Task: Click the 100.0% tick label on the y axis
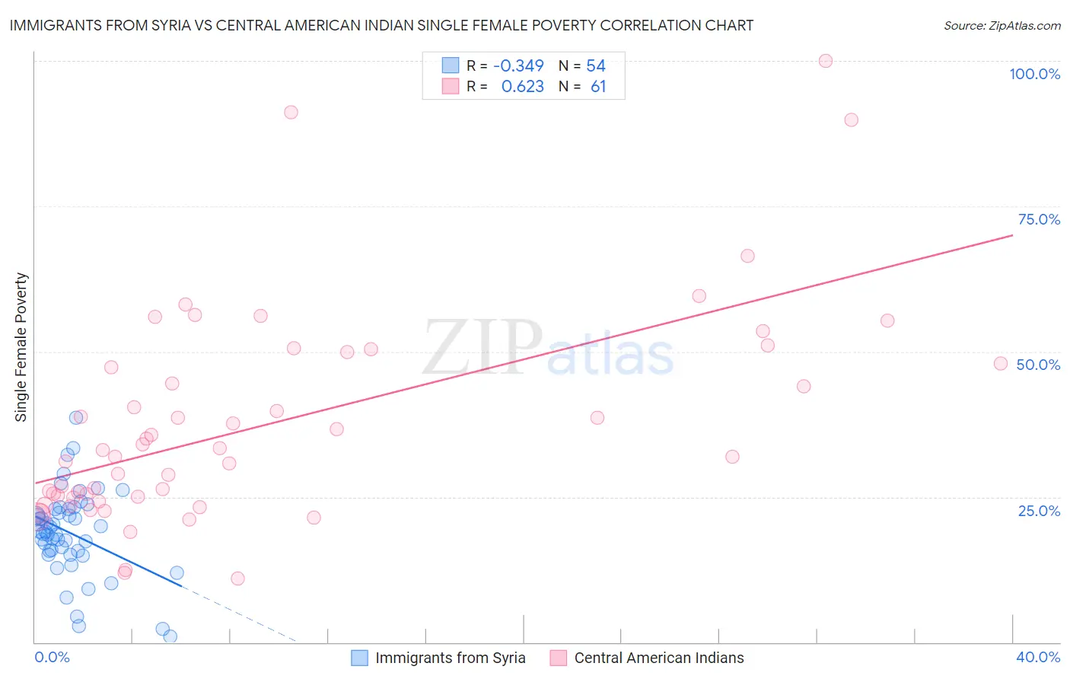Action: pyautogui.click(x=1034, y=74)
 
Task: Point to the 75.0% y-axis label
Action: pyautogui.click(x=1039, y=219)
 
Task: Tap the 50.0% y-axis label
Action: pyautogui.click(x=1038, y=365)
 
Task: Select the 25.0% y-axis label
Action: pyautogui.click(x=1039, y=510)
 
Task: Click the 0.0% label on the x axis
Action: pyautogui.click(x=52, y=657)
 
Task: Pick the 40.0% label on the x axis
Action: pyautogui.click(x=1038, y=657)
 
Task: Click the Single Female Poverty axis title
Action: pyautogui.click(x=21, y=347)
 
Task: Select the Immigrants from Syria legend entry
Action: pyautogui.click(x=450, y=658)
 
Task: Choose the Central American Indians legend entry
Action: pyautogui.click(x=658, y=658)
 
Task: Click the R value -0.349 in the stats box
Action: pyautogui.click(x=518, y=66)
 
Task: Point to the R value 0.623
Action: pyautogui.click(x=522, y=87)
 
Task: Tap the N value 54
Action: pyautogui.click(x=596, y=66)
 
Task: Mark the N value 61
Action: pyautogui.click(x=598, y=87)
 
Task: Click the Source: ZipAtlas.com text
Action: pyautogui.click(x=1002, y=26)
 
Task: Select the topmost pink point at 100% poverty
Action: pyautogui.click(x=826, y=61)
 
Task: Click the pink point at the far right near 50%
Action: pyautogui.click(x=1001, y=363)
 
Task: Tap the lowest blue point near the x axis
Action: pyautogui.click(x=170, y=636)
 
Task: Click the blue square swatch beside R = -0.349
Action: pyautogui.click(x=451, y=65)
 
